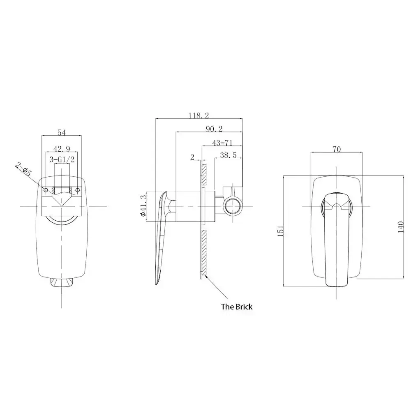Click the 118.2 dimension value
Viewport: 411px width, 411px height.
(x=199, y=115)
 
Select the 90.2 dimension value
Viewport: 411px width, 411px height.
(x=214, y=129)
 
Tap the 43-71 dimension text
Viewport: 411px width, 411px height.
(x=222, y=143)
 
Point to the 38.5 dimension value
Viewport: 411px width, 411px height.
(x=228, y=155)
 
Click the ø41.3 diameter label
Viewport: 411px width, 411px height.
(x=143, y=206)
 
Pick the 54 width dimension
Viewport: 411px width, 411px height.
(x=61, y=133)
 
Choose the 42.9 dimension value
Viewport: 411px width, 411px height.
(x=62, y=149)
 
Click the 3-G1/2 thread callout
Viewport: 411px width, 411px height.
(x=62, y=159)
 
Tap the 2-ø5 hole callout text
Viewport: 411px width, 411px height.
(x=23, y=169)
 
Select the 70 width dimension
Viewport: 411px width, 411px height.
(x=337, y=149)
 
